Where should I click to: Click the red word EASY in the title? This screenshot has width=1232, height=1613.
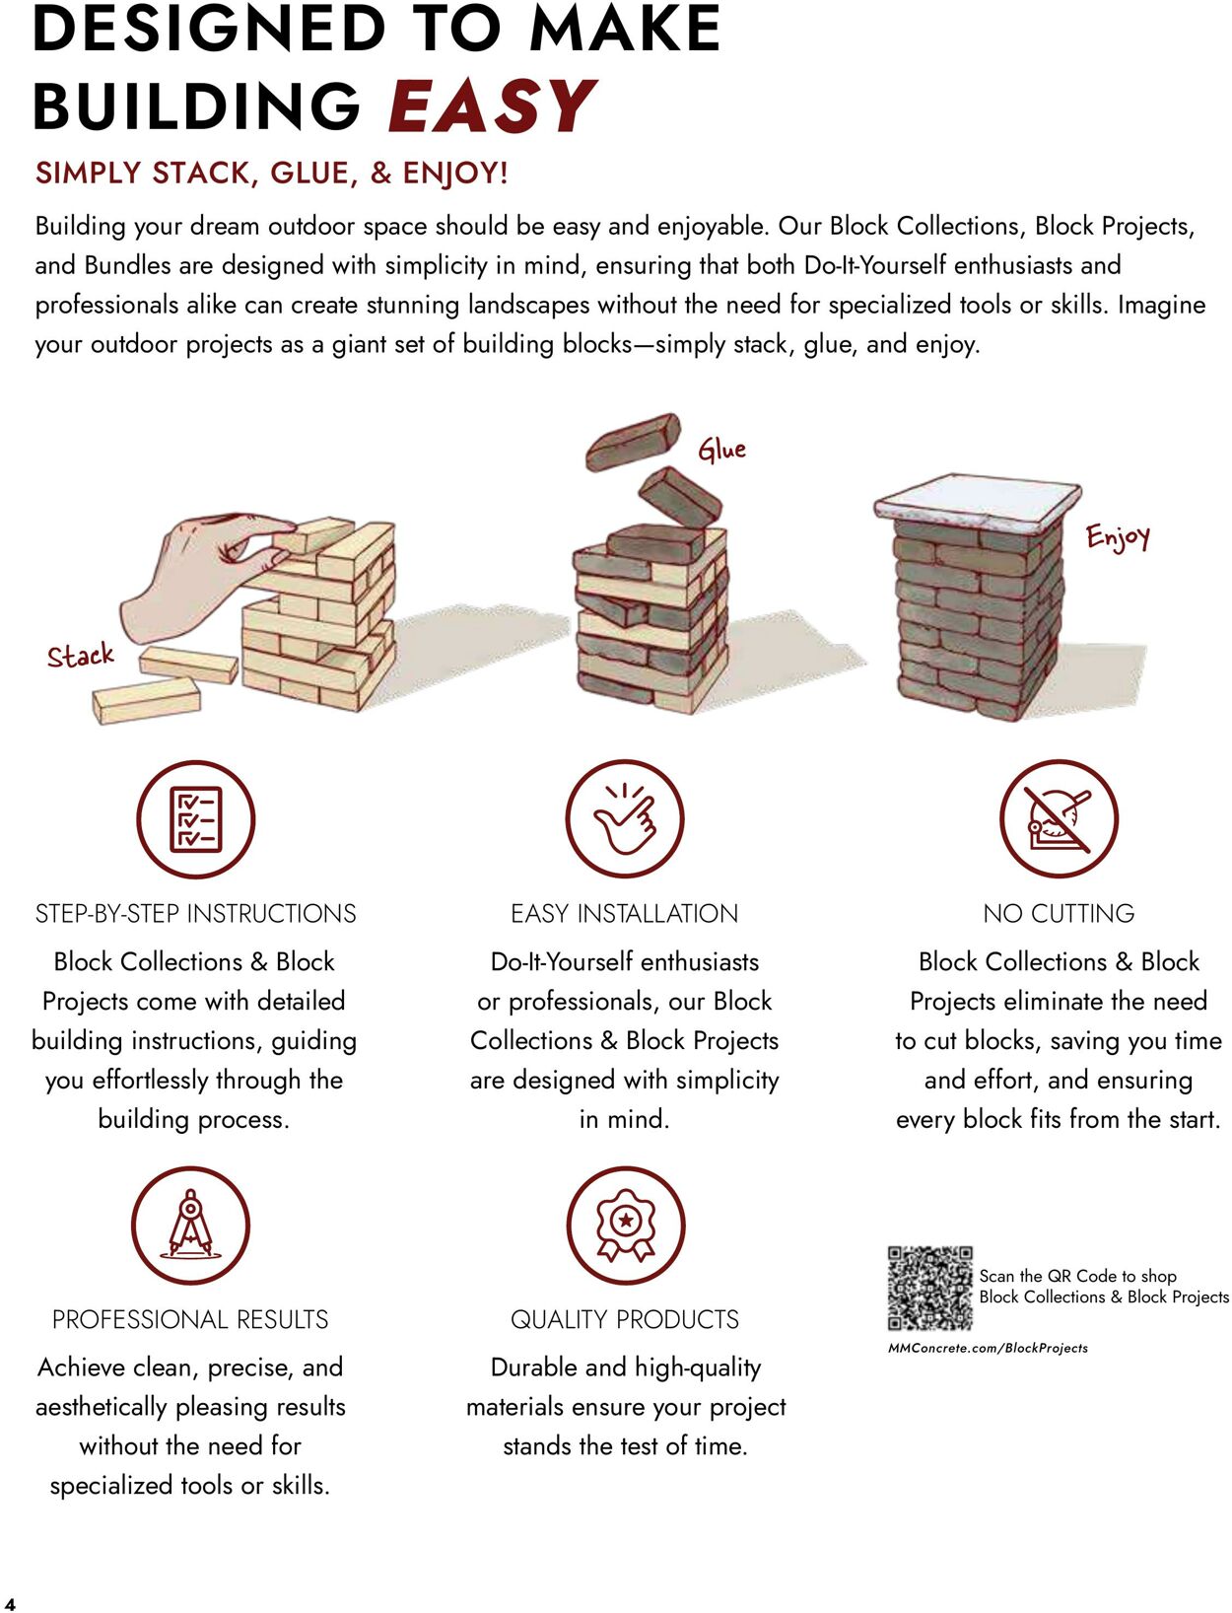click(492, 105)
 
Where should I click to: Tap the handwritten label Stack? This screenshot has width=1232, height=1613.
click(81, 655)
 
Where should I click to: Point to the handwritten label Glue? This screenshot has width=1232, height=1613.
click(721, 449)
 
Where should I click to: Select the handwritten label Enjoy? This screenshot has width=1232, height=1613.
click(1118, 537)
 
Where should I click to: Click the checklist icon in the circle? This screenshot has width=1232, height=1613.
click(195, 818)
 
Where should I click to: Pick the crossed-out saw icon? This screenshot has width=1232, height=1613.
click(1059, 818)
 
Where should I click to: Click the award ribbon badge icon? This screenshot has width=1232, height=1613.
click(625, 1225)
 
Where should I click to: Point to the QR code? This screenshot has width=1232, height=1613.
click(930, 1289)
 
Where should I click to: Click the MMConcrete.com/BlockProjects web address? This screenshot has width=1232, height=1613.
click(988, 1348)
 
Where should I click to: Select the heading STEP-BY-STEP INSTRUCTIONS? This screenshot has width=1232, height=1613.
click(195, 913)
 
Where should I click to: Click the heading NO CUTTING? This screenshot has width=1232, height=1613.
click(1059, 913)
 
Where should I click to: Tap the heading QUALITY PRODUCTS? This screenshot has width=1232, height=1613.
click(625, 1319)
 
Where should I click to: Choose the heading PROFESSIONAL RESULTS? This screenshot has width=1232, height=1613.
click(190, 1319)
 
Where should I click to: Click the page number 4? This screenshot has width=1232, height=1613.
click(10, 1603)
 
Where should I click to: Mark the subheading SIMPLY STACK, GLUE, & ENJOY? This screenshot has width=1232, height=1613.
click(271, 174)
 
